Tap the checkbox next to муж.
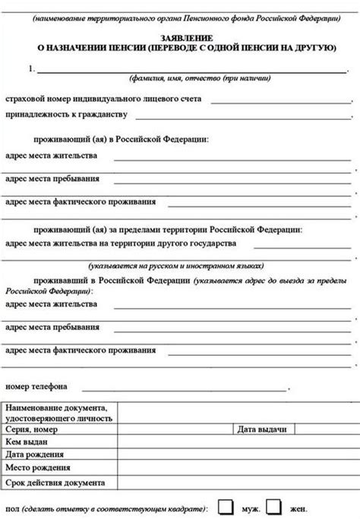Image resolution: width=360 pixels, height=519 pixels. coord(226,506)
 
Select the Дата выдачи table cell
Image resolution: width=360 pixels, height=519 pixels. coord(261,429)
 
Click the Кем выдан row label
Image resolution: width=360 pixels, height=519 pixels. coord(27,442)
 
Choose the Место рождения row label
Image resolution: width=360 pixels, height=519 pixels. coord(38,468)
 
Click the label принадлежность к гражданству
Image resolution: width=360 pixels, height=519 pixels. coord(67,115)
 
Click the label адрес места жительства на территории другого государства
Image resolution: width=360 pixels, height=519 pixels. coord(120,244)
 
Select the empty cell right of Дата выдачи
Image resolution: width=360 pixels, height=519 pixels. coord(327,429)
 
